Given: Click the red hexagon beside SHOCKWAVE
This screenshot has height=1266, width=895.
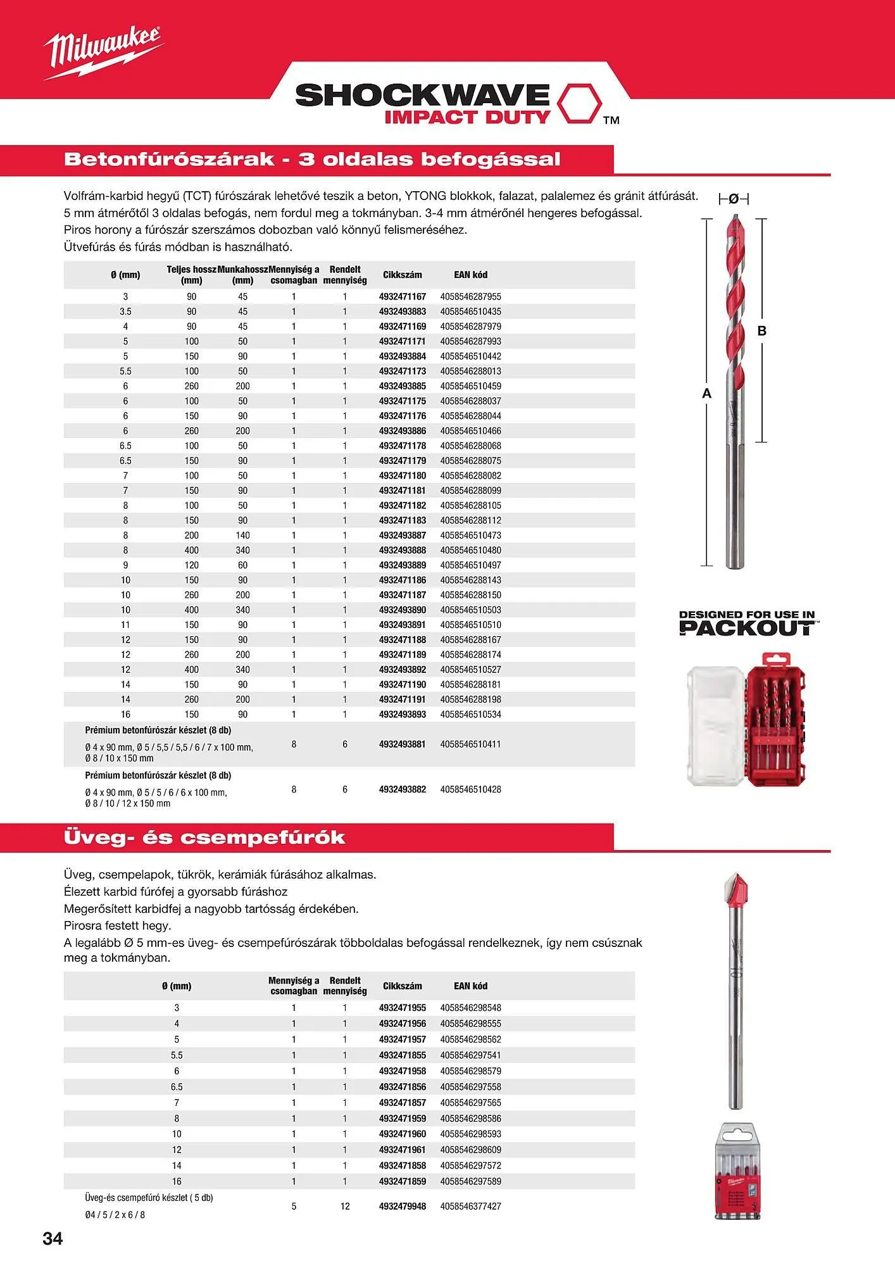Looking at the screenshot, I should point(579,103).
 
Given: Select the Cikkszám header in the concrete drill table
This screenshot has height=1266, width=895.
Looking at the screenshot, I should point(402,275).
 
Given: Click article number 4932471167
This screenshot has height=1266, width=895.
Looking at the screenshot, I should point(402,296).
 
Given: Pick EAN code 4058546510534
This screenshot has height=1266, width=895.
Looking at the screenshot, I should point(470,714).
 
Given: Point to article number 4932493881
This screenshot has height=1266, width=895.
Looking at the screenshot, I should point(402,744).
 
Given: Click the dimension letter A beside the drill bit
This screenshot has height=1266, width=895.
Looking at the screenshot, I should point(707,393).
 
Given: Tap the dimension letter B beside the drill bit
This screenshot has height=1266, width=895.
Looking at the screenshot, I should point(762,330).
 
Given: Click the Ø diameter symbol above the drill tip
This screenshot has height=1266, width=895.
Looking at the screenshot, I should point(734,199).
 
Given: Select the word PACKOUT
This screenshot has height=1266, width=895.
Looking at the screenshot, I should point(747,629).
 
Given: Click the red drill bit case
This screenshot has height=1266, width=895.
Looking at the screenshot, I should point(777,720).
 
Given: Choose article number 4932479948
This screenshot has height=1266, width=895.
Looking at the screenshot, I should point(402,1206).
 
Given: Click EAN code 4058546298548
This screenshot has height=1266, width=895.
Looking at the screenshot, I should point(470,1008).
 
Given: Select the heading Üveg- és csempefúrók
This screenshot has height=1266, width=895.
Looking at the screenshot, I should point(204,837).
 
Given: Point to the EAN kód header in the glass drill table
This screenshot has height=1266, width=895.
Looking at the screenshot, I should point(470,986).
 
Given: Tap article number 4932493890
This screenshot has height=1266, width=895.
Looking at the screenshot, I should point(402,610).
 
